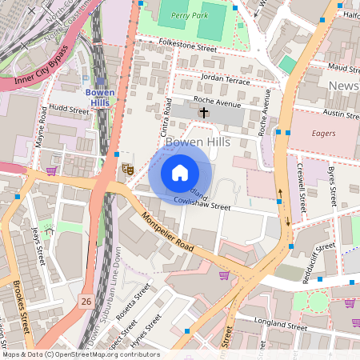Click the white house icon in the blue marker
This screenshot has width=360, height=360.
click(x=180, y=172)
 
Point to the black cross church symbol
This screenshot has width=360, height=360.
click(x=203, y=113)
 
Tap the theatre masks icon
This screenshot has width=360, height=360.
click(x=126, y=169)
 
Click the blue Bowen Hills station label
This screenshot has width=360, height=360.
click(x=101, y=98)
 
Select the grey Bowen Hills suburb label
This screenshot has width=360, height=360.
click(x=198, y=142)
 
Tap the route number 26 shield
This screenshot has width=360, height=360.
click(x=86, y=301)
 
